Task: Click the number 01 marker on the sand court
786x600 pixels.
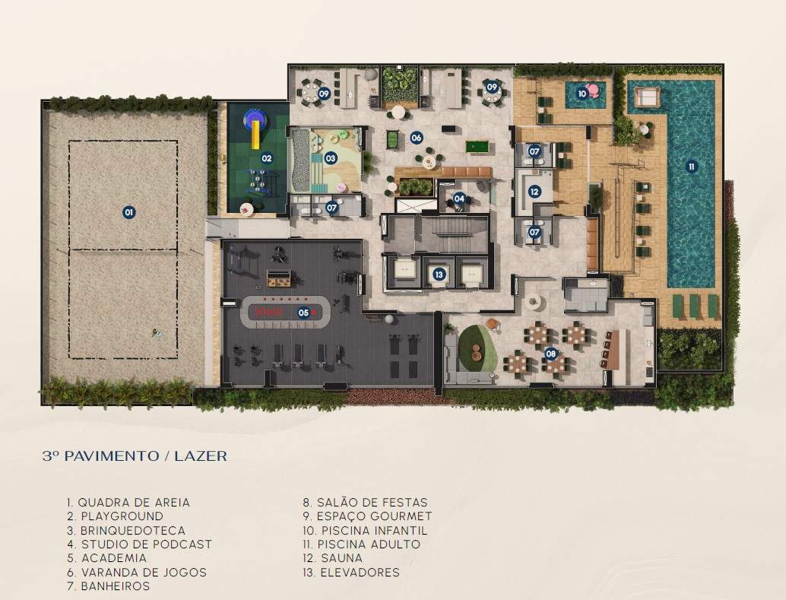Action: tap(128, 212)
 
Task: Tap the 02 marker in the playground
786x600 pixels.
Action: tap(267, 158)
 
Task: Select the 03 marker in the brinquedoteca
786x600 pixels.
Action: tap(331, 158)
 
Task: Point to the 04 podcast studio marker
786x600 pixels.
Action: tap(459, 198)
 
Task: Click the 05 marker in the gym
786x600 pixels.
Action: tap(303, 313)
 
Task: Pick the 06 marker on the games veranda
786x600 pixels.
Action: tap(416, 138)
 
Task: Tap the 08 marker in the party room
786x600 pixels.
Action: tap(551, 354)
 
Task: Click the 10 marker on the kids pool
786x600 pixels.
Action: tap(582, 94)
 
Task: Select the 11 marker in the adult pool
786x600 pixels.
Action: tap(692, 167)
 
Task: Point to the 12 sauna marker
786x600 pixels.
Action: tap(534, 191)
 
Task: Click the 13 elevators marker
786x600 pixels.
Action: tap(439, 275)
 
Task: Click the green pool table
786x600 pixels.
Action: tap(477, 147)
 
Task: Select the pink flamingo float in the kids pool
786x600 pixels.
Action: tap(594, 90)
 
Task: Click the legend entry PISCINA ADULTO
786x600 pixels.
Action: tap(369, 544)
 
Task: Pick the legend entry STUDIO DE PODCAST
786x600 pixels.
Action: tap(147, 544)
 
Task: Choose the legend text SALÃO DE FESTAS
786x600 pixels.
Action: tap(372, 503)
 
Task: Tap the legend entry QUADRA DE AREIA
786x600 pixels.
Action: tap(134, 503)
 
